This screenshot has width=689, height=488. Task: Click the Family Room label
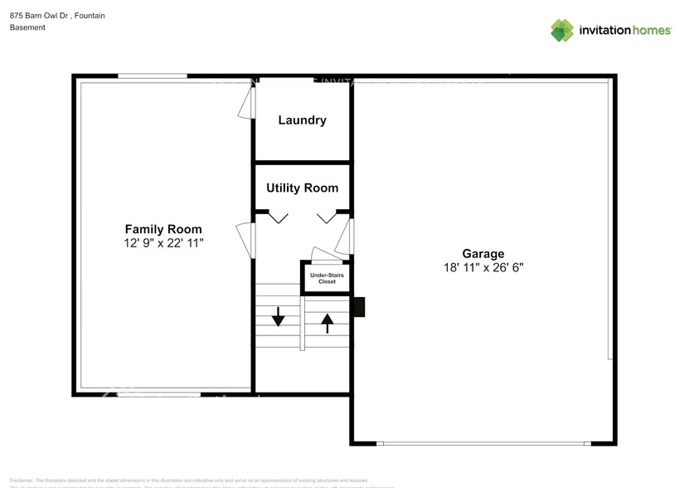pyautogui.click(x=163, y=229)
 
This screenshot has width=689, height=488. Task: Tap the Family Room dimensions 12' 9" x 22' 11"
pyautogui.click(x=163, y=243)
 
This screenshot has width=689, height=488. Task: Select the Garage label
pyautogui.click(x=483, y=254)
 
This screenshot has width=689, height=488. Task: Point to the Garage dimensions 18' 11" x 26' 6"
pyautogui.click(x=483, y=267)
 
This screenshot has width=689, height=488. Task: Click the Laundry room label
pyautogui.click(x=302, y=120)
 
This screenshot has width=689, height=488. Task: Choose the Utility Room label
pyautogui.click(x=302, y=188)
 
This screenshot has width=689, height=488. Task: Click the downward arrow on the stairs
pyautogui.click(x=279, y=315)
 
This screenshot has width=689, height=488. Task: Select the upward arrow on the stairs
pyautogui.click(x=327, y=322)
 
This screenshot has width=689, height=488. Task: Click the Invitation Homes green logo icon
pyautogui.click(x=562, y=30)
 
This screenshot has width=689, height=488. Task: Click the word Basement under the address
pyautogui.click(x=27, y=27)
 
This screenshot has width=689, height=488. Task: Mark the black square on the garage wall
pyautogui.click(x=359, y=307)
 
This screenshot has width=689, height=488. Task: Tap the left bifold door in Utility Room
pyautogui.click(x=277, y=217)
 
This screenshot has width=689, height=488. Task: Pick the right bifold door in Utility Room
pyautogui.click(x=325, y=217)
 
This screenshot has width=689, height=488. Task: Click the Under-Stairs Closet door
pyautogui.click(x=321, y=254)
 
